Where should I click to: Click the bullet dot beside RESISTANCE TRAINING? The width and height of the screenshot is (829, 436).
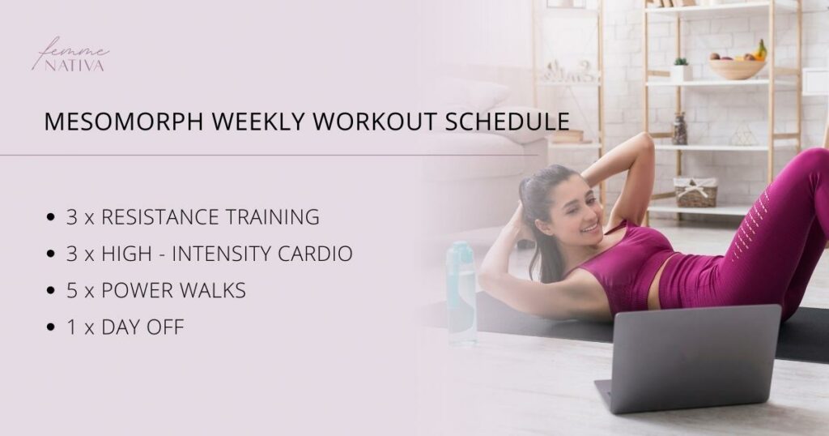coord(52,218)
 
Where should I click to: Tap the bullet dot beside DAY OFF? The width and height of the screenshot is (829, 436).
coord(52,328)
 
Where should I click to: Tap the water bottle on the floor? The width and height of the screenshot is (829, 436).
coord(462,293)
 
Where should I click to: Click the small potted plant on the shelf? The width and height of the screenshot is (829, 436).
coord(681,70)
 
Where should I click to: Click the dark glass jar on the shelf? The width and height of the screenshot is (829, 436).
coord(679,130)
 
